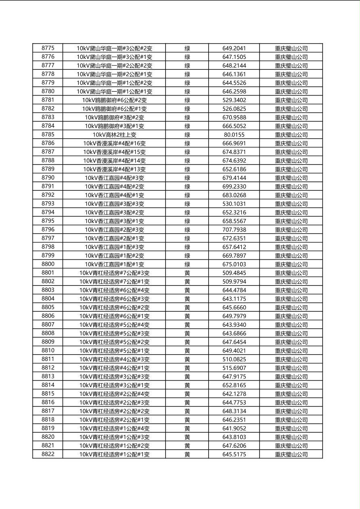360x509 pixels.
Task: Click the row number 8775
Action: click(x=48, y=48)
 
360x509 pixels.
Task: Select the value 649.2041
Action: click(x=234, y=48)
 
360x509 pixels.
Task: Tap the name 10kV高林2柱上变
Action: click(x=114, y=135)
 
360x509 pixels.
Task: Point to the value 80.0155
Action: click(x=234, y=135)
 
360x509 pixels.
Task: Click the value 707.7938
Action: click(x=234, y=230)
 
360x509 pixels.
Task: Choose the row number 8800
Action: click(x=48, y=264)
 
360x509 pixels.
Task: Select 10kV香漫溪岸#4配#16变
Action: click(x=114, y=143)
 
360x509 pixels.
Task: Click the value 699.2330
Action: click(x=234, y=186)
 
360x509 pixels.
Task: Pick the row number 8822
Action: click(x=48, y=454)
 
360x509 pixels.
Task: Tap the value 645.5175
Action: click(x=234, y=455)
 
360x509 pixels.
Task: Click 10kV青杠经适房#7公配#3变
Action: click(x=114, y=273)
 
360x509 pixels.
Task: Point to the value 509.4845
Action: click(x=234, y=273)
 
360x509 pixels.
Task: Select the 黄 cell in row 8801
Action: click(x=187, y=273)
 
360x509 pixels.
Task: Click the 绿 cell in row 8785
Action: click(x=187, y=135)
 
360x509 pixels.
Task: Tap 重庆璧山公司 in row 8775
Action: click(x=291, y=48)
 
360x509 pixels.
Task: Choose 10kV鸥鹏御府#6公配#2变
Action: click(x=114, y=100)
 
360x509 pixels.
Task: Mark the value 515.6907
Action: click(x=234, y=368)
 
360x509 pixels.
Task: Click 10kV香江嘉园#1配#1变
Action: click(x=114, y=264)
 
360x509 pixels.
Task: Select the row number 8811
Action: click(x=48, y=359)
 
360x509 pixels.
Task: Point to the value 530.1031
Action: click(x=234, y=204)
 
